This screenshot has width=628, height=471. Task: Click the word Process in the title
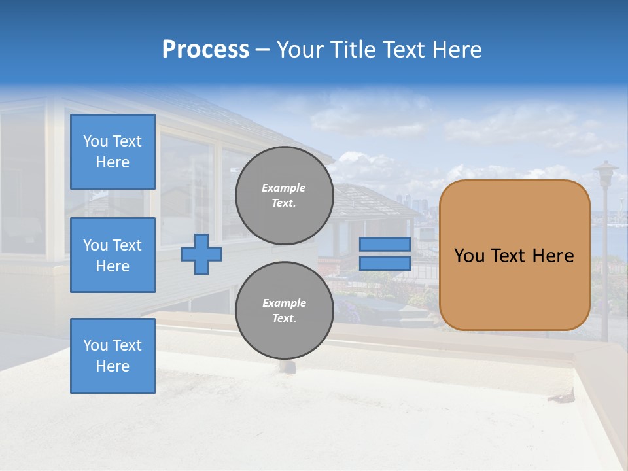[205, 50]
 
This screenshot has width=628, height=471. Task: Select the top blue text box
[113, 152]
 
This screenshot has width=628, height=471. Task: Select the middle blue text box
[113, 255]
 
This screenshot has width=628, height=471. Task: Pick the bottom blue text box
[113, 356]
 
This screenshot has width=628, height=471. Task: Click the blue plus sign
[201, 254]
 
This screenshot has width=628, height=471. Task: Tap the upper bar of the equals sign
[385, 245]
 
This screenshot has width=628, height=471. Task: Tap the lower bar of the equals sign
[385, 263]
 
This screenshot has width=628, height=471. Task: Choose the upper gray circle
[284, 196]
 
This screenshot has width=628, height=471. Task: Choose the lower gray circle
[284, 311]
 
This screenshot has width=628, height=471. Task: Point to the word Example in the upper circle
[284, 188]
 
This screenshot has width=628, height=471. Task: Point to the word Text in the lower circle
[284, 319]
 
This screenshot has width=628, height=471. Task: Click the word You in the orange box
[470, 256]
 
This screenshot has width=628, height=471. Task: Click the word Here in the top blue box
[113, 162]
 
